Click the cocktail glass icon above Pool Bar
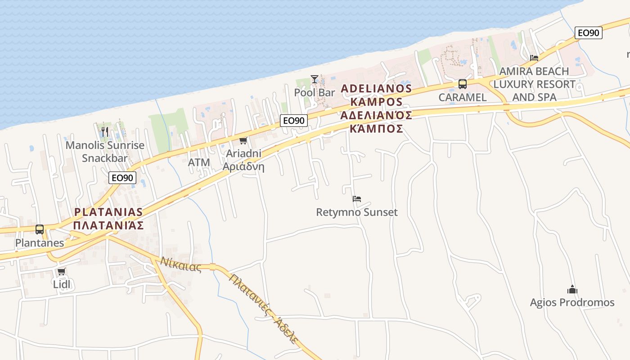click(x=314, y=79)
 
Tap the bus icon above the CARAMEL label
click(x=462, y=84)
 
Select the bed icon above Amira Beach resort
click(x=534, y=58)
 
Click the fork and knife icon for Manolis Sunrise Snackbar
click(x=104, y=132)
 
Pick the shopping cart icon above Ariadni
click(x=243, y=141)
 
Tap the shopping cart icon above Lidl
click(x=62, y=272)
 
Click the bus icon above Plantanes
click(x=40, y=229)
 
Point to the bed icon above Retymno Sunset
click(x=357, y=198)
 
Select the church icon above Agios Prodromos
click(x=572, y=289)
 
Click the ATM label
click(x=199, y=162)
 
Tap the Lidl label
click(x=62, y=284)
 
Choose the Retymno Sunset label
click(x=357, y=212)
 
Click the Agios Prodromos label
click(x=572, y=302)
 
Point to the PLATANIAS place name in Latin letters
click(x=108, y=212)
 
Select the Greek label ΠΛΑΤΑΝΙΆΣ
click(x=108, y=225)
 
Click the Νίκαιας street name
click(x=181, y=264)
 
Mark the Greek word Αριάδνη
click(x=243, y=166)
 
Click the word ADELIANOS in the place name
click(x=376, y=88)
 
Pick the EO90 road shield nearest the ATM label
click(x=122, y=178)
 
